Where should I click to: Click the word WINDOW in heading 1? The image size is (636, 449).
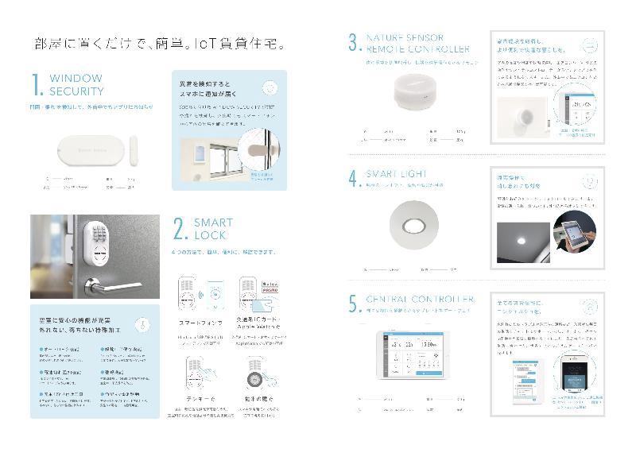tap(76, 79)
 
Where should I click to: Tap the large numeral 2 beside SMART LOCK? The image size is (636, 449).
tap(180, 229)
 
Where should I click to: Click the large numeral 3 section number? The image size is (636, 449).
tap(354, 43)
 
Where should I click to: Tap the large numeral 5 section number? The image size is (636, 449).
tap(354, 305)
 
